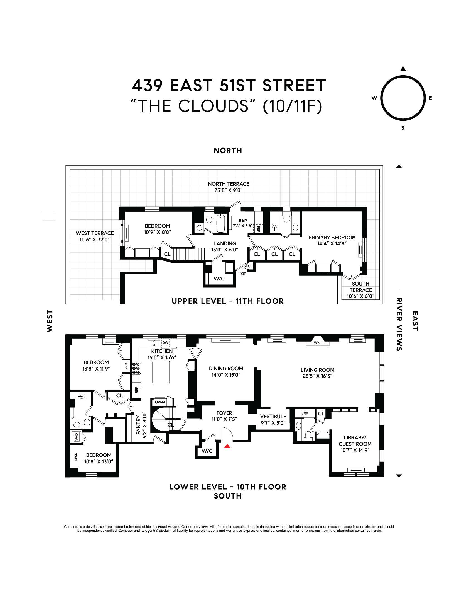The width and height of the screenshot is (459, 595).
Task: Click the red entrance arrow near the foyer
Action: [x=227, y=446]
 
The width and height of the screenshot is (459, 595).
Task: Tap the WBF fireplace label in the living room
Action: [x=318, y=342]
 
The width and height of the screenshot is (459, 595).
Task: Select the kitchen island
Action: [x=161, y=372]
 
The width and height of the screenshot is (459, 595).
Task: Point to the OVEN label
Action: [x=160, y=402]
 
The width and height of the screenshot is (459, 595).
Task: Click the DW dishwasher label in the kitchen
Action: [x=165, y=342]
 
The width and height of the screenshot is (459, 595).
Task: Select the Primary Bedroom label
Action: [x=332, y=238]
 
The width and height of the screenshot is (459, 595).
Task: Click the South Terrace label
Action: [x=360, y=287]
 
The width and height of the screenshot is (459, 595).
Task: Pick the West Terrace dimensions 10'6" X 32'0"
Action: [x=95, y=240]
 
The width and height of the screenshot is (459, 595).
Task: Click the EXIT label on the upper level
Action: [x=242, y=274]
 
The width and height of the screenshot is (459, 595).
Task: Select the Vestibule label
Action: [x=273, y=416]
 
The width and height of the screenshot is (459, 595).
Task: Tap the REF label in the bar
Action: [x=258, y=229]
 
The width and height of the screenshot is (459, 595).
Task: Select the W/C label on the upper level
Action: [x=219, y=279]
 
